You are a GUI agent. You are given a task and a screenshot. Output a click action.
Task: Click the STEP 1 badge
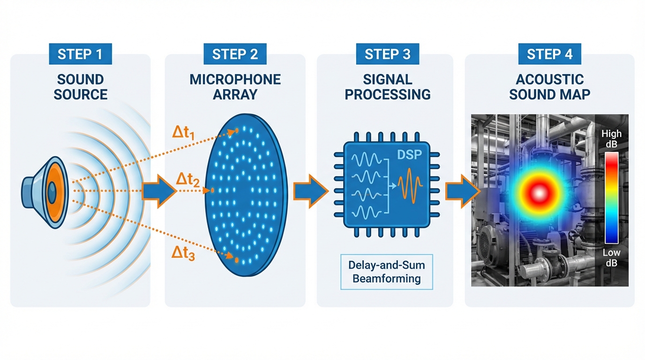tap(80, 54)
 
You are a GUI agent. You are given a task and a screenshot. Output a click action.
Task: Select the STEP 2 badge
tap(235, 54)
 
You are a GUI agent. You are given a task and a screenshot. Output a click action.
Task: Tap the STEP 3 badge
tap(387, 54)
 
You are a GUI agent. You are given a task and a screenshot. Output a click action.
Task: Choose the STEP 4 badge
tap(549, 54)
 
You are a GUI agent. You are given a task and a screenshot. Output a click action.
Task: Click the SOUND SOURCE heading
tap(80, 87)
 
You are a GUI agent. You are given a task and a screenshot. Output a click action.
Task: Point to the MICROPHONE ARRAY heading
tap(235, 87)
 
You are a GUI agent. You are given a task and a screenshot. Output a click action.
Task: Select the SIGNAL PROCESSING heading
tap(387, 87)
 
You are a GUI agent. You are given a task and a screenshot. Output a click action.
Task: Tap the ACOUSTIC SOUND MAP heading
tap(549, 87)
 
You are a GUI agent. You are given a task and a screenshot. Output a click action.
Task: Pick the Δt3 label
tap(183, 254)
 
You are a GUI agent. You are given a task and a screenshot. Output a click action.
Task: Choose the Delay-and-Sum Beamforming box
tap(387, 272)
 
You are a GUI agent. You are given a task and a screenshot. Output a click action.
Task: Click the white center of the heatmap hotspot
tap(538, 192)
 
